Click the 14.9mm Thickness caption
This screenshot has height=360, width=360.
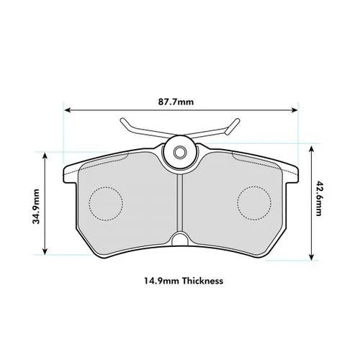(180, 281)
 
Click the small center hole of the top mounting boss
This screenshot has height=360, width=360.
(180, 153)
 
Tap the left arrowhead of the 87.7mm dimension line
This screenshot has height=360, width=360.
(68, 111)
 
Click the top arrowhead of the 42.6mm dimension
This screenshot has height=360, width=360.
(312, 147)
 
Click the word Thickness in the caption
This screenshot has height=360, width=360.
(202, 281)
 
